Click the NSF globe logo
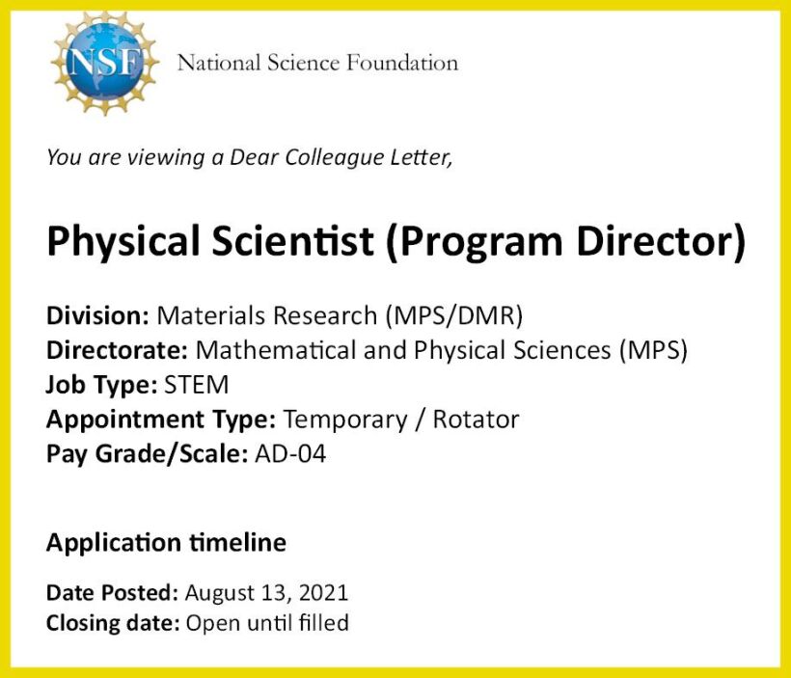105,63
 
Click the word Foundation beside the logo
402,63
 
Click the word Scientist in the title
292,240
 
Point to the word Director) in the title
661,241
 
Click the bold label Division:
97,315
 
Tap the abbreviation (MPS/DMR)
454,315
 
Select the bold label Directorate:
117,350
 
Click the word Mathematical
276,350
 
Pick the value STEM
196,385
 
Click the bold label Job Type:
102,386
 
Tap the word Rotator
476,420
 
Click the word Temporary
345,420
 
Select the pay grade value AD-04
290,454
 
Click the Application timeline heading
167,543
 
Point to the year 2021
323,593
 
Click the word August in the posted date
219,594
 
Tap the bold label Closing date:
113,623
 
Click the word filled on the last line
323,622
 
